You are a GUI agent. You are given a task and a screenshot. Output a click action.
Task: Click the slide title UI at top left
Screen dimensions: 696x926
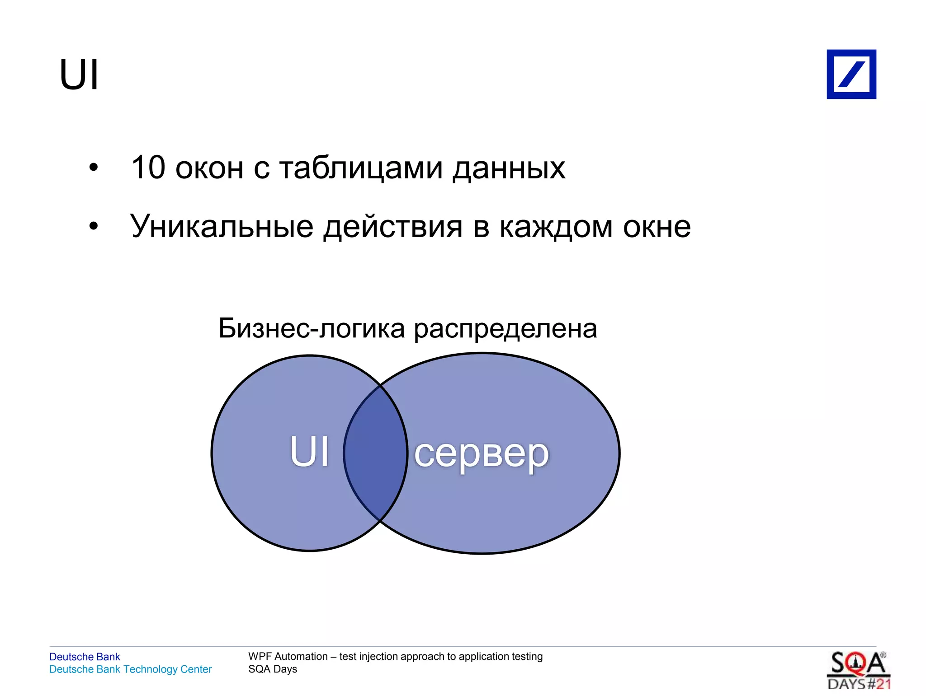(79, 75)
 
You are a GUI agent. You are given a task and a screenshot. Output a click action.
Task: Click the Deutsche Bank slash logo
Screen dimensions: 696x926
(851, 74)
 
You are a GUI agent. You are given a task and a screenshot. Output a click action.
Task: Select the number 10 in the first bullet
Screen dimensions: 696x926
(148, 168)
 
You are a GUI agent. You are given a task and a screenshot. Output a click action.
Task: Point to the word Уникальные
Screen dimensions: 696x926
(222, 226)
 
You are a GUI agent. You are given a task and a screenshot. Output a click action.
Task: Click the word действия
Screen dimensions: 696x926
(393, 227)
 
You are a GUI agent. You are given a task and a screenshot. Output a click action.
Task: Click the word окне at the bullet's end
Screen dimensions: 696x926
(657, 227)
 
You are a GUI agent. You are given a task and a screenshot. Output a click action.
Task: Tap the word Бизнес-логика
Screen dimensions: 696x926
(311, 328)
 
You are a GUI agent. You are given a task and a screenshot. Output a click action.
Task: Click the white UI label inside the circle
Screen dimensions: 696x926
(309, 452)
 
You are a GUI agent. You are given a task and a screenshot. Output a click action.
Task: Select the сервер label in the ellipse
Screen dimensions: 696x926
(481, 453)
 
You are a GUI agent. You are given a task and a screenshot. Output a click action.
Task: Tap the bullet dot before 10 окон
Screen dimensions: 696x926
(93, 168)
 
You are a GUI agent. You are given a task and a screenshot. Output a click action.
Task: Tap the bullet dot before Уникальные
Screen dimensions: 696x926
(93, 226)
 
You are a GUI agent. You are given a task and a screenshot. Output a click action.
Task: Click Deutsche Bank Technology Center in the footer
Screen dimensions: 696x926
(130, 669)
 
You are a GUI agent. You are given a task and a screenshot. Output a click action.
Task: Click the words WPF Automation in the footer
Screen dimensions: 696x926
(288, 656)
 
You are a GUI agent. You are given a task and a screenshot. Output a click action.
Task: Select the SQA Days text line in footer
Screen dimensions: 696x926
(272, 669)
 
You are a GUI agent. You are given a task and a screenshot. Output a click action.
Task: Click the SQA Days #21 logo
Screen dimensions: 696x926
(858, 670)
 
